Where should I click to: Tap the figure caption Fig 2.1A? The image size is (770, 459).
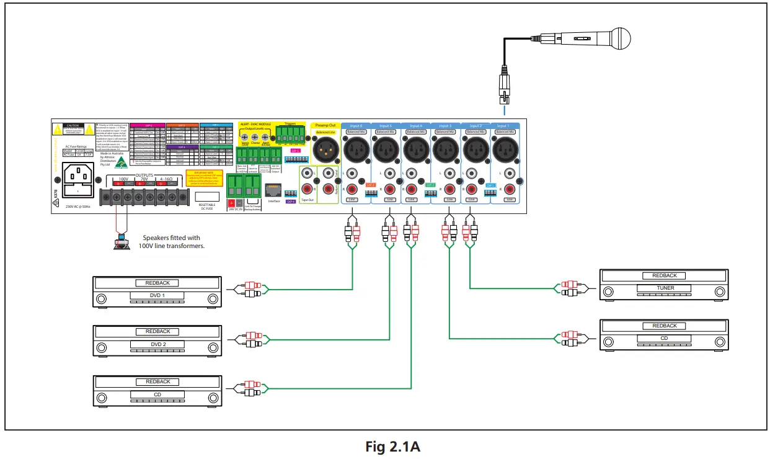385,447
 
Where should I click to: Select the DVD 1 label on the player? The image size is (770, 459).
157,296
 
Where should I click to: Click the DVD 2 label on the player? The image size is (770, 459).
157,344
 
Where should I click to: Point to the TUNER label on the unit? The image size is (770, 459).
665,288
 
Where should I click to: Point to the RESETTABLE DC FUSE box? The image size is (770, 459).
207,197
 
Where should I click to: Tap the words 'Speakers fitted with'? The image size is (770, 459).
171,238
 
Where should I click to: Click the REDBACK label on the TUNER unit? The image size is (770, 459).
665,275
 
